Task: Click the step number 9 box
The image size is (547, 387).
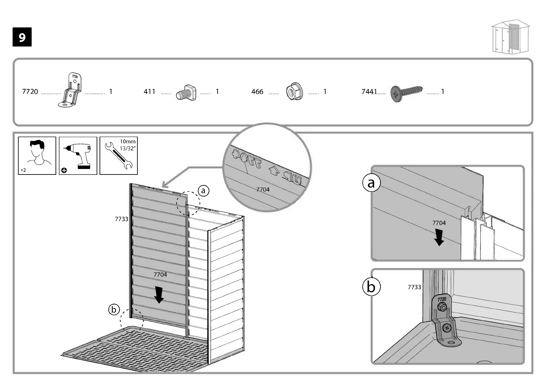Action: [22, 37]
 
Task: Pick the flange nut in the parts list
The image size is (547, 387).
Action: [295, 92]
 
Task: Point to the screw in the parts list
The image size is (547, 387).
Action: [407, 92]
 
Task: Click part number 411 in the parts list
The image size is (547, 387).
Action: [149, 92]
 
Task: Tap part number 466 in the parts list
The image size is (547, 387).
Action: [257, 92]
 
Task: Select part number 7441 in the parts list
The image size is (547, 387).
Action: [369, 92]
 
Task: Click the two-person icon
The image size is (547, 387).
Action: [37, 155]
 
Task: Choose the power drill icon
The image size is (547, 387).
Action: [78, 155]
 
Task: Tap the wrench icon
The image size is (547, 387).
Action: [118, 156]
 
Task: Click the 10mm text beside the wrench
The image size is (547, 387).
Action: [128, 142]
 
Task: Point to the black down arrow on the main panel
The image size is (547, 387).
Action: [159, 294]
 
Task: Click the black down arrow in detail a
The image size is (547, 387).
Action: [439, 237]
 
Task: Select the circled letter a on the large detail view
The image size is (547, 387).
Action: [371, 183]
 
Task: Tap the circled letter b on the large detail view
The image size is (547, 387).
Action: [371, 287]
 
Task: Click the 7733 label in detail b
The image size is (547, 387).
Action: [414, 287]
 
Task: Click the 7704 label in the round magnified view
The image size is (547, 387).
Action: [263, 189]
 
